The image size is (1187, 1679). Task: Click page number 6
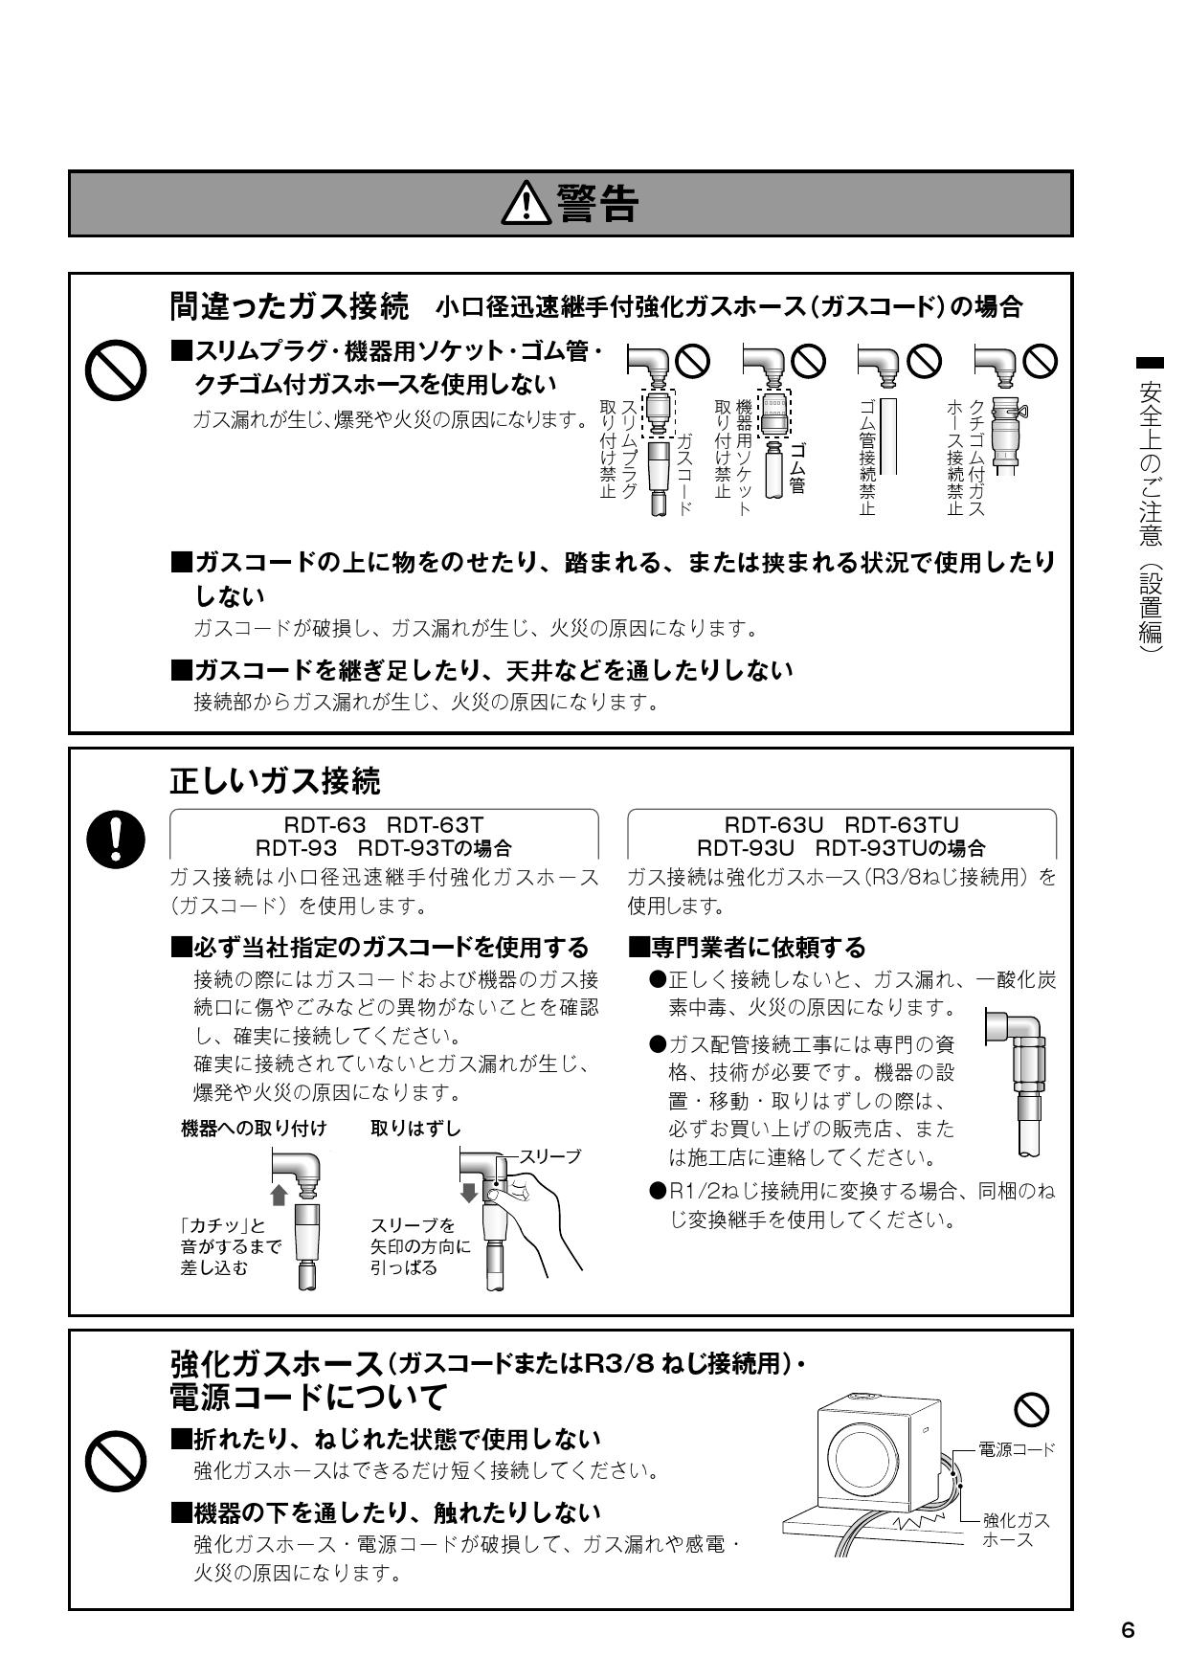tap(1128, 1630)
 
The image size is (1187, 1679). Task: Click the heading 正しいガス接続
tap(275, 781)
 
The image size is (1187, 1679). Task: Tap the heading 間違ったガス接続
tap(288, 306)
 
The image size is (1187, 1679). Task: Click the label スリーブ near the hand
tap(549, 1156)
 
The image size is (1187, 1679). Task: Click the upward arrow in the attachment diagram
tap(280, 1195)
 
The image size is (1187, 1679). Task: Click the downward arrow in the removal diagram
tap(469, 1193)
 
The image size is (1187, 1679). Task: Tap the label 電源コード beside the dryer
tap(1017, 1449)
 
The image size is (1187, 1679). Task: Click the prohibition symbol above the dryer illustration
tap(1031, 1408)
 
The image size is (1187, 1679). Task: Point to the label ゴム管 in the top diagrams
tap(796, 468)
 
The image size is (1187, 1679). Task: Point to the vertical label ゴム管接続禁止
tap(866, 457)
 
